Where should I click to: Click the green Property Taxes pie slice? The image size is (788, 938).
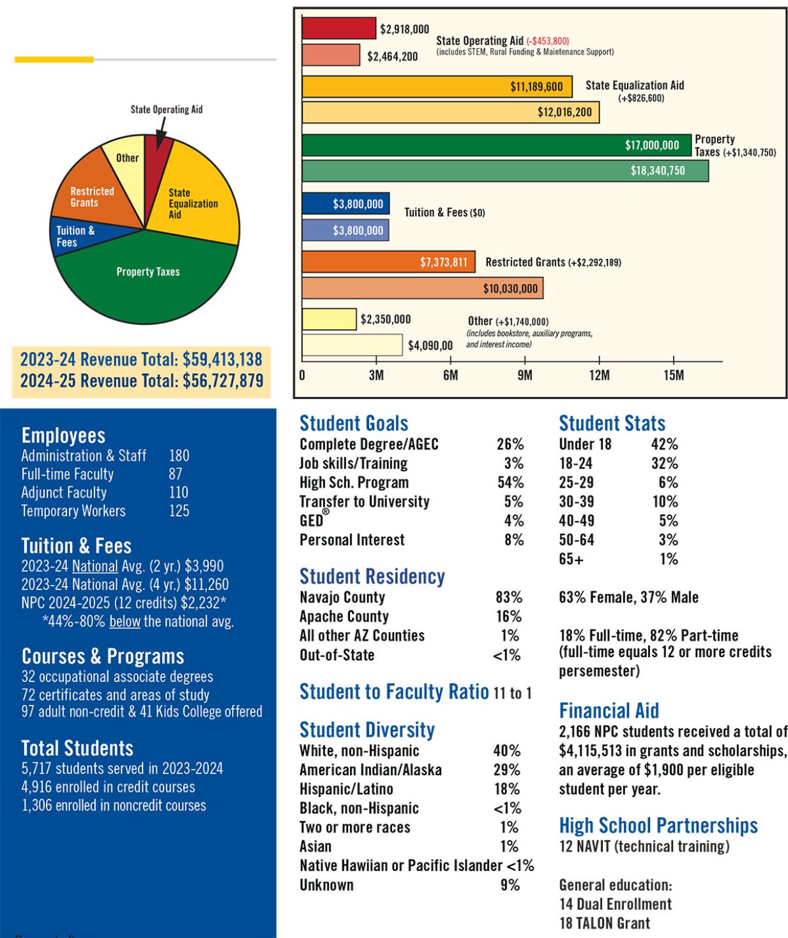tap(148, 281)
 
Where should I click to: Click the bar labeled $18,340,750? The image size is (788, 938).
tap(504, 171)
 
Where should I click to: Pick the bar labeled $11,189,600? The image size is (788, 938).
tap(437, 87)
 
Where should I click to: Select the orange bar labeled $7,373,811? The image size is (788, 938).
tap(388, 262)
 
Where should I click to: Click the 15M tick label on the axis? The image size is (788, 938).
tap(673, 375)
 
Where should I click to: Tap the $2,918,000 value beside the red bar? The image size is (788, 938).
tap(404, 29)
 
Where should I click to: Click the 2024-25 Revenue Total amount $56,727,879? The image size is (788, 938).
tap(223, 381)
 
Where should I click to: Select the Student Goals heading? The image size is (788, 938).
tap(354, 423)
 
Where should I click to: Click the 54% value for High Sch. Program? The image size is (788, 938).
tap(510, 483)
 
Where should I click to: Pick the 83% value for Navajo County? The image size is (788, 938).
tap(509, 598)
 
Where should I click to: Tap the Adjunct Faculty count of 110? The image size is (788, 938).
tap(179, 492)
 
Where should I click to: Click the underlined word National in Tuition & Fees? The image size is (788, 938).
tap(95, 566)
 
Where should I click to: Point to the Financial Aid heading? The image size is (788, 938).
tap(609, 711)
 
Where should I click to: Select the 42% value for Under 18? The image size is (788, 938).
tap(664, 444)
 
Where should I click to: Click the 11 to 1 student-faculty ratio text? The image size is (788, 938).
tap(512, 693)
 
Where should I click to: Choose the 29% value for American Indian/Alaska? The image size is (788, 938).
tap(507, 770)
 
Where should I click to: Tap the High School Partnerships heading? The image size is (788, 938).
tap(658, 826)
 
